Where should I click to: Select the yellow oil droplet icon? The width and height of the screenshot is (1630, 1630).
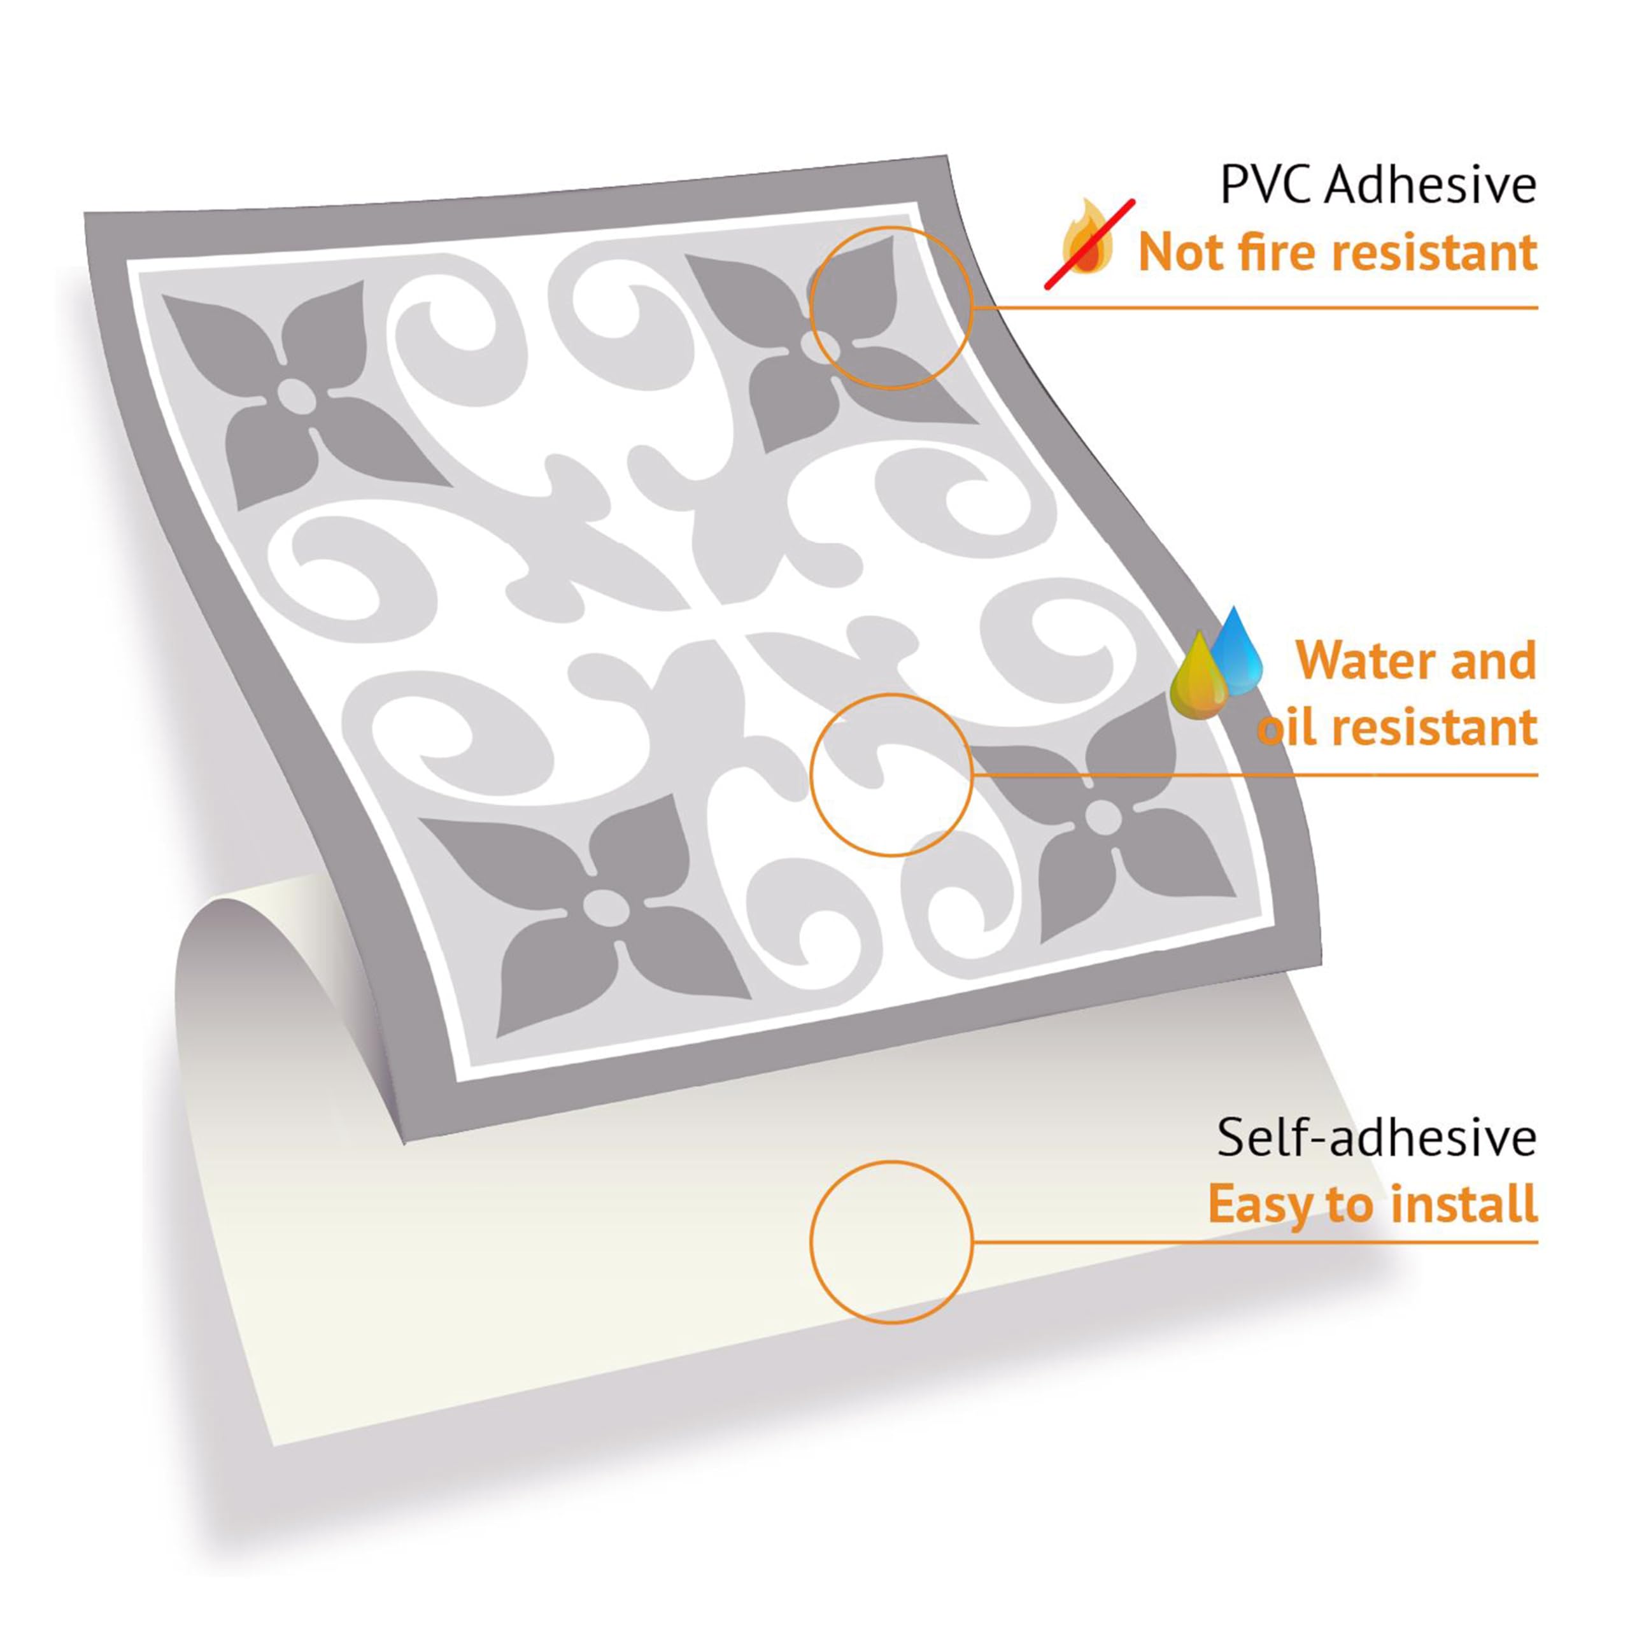coord(1199,677)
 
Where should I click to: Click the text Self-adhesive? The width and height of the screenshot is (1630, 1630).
coord(1377,1138)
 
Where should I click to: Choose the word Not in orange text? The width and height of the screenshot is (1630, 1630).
coord(1179,252)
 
